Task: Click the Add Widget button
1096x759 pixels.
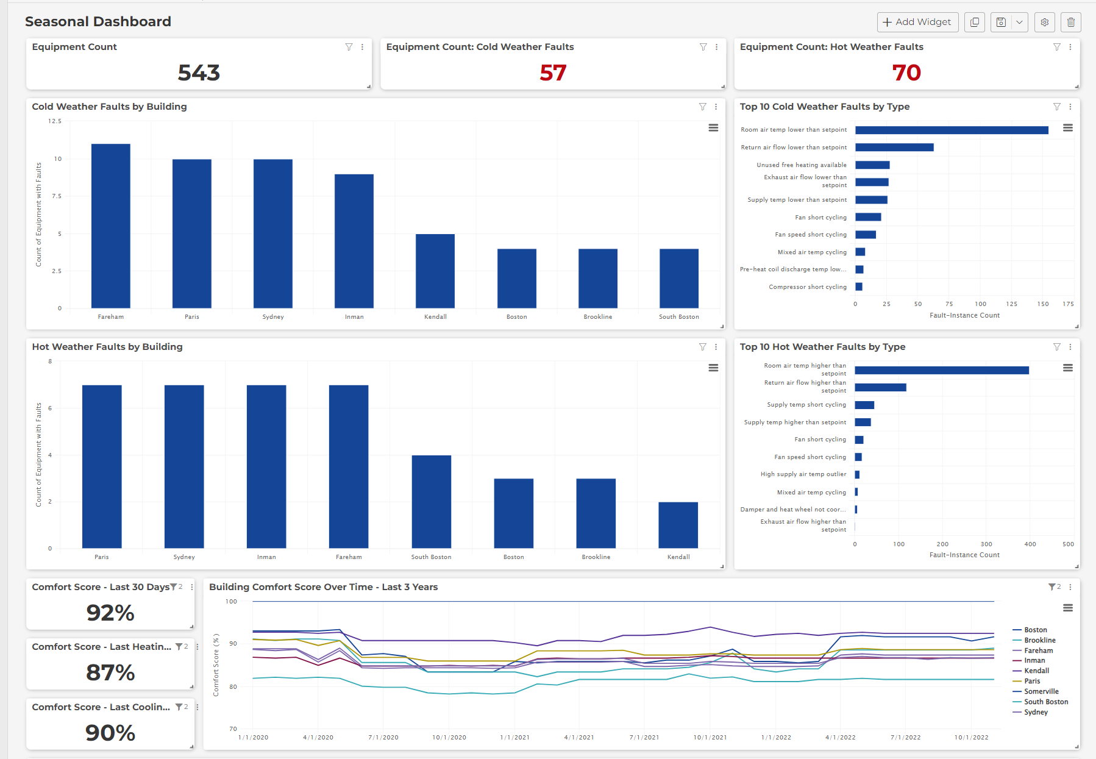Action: (x=917, y=22)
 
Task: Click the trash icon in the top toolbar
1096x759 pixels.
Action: (x=1070, y=22)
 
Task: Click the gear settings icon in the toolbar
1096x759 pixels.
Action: (x=1044, y=22)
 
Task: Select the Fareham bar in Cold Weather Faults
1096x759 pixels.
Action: (x=110, y=226)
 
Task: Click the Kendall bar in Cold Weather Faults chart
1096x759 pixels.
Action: (x=435, y=271)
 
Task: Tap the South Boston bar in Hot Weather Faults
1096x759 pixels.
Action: (x=431, y=501)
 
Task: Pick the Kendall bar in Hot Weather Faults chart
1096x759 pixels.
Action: (x=678, y=525)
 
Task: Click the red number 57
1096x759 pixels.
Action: (x=553, y=73)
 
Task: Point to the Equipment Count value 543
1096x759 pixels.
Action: (x=199, y=73)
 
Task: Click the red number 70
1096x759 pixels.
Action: (x=906, y=73)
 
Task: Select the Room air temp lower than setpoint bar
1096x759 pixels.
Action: (x=951, y=130)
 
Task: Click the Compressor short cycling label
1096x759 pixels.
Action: (x=807, y=287)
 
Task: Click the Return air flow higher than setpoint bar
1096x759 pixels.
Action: (x=880, y=387)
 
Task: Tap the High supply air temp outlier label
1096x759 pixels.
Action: (x=803, y=474)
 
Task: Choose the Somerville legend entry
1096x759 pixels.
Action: (x=1041, y=691)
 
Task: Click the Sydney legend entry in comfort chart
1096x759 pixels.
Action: (x=1036, y=712)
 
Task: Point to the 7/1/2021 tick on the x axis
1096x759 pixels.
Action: (x=644, y=738)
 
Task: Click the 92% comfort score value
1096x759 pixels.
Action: (x=110, y=613)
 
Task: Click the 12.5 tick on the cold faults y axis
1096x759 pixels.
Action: (x=55, y=121)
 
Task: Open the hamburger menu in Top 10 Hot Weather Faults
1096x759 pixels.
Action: (x=1067, y=368)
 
